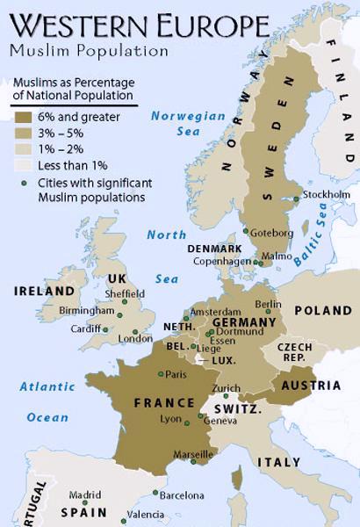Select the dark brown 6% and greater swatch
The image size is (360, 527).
[x=22, y=115]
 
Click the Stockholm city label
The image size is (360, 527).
[x=326, y=194]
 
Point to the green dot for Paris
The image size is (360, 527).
[x=160, y=374]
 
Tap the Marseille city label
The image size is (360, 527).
[x=193, y=454]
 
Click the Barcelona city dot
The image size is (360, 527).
[x=155, y=493]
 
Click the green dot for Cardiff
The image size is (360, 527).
[x=105, y=330]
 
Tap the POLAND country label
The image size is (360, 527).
[x=322, y=311]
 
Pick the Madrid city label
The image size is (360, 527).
[x=85, y=495]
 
